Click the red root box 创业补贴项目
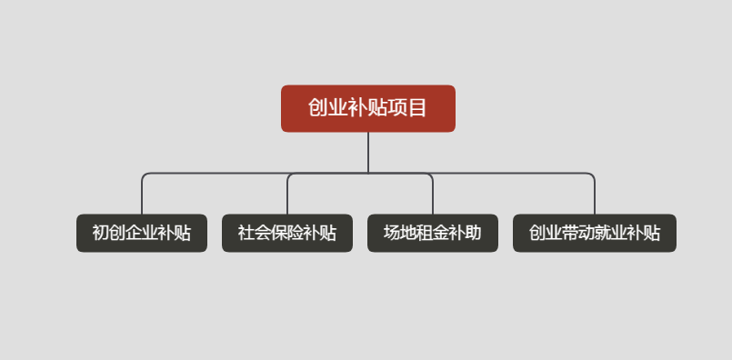(x=367, y=108)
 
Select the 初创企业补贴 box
(x=142, y=233)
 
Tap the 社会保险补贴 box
(x=287, y=233)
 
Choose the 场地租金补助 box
(x=433, y=233)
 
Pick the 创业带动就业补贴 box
(x=595, y=233)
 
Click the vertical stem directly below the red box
(x=368, y=152)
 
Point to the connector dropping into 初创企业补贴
(x=142, y=195)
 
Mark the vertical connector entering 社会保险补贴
(x=287, y=195)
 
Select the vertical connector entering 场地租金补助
(x=433, y=195)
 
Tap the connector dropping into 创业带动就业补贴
(x=595, y=195)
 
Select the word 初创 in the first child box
(x=109, y=233)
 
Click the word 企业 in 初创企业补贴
(x=142, y=233)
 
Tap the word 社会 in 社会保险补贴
(x=255, y=233)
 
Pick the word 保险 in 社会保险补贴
(x=287, y=233)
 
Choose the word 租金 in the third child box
(x=433, y=233)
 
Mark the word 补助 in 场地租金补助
(x=466, y=233)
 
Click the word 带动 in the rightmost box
(x=578, y=233)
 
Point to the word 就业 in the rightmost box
(x=611, y=233)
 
